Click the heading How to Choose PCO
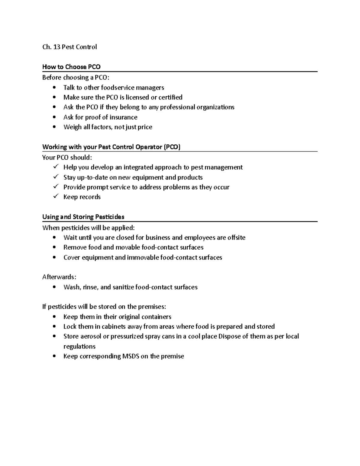(x=71, y=67)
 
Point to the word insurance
(x=123, y=117)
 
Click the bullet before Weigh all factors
(x=54, y=127)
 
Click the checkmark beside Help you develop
(x=55, y=167)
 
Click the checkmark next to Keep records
(x=55, y=196)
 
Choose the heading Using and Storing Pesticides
(x=83, y=217)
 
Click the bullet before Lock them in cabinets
(x=54, y=326)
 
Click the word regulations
(x=79, y=347)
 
